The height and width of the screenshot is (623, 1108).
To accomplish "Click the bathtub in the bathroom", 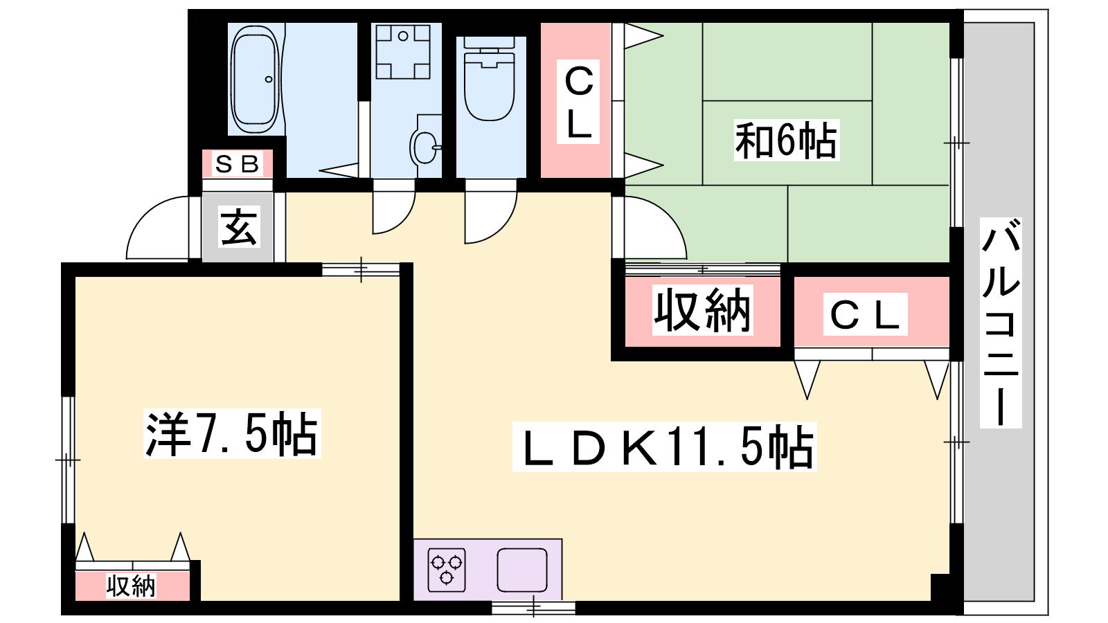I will [x=255, y=80].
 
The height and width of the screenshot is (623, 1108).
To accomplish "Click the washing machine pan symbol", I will [x=403, y=51].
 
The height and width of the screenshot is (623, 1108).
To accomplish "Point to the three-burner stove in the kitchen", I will [x=447, y=570].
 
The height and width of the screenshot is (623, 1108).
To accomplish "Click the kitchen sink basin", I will [x=521, y=570].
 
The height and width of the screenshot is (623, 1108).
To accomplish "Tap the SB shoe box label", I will [x=237, y=164].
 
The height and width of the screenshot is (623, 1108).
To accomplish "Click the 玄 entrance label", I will [x=239, y=227].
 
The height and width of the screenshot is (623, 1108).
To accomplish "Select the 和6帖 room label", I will [x=786, y=141].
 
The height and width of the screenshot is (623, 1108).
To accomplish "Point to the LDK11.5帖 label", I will [x=665, y=447].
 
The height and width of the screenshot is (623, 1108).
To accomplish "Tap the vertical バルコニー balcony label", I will [x=1001, y=322].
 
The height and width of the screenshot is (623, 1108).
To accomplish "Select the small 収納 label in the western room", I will [x=131, y=586].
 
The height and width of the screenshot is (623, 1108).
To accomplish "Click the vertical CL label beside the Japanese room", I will [x=578, y=101].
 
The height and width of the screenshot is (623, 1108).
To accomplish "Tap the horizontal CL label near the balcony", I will [x=865, y=315].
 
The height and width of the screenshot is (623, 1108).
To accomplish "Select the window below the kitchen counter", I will [x=533, y=608].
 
